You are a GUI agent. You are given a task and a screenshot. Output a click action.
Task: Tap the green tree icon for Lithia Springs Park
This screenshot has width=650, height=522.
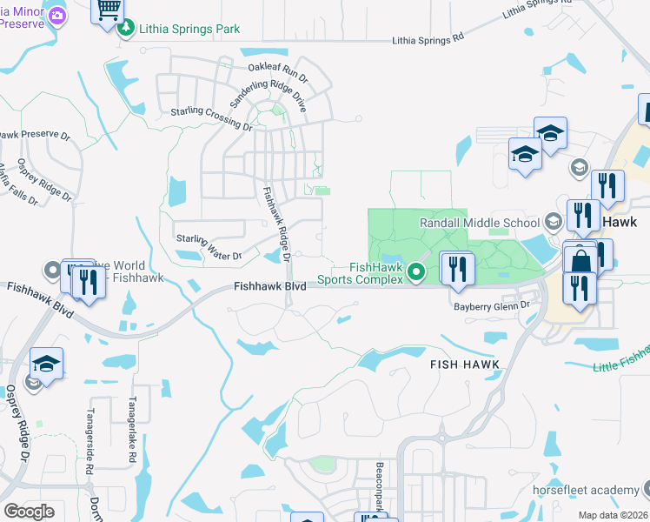click(127, 29)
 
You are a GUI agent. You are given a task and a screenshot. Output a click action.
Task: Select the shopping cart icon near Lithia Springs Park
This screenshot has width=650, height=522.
click(108, 10)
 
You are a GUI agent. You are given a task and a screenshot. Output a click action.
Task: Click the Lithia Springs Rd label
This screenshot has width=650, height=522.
click(428, 39)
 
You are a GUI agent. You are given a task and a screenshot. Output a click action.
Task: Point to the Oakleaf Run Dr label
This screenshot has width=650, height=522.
click(278, 68)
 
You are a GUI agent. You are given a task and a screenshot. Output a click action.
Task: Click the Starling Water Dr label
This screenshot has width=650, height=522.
click(209, 245)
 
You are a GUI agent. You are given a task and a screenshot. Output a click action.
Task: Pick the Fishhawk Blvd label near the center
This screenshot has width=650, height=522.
click(269, 285)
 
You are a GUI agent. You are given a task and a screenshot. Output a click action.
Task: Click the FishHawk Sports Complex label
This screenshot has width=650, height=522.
click(359, 273)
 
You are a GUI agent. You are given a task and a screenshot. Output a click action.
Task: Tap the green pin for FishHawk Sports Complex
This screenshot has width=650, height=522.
click(416, 273)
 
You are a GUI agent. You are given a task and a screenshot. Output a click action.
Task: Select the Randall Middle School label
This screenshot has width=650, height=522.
click(479, 223)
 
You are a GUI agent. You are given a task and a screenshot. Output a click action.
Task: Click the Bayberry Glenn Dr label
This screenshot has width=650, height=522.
click(492, 306)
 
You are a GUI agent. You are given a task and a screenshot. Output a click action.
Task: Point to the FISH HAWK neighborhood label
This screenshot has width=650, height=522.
click(464, 365)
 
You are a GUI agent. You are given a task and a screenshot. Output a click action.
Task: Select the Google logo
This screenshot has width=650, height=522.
click(29, 512)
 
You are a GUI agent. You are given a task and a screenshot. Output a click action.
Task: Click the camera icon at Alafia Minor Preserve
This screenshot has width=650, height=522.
click(57, 15)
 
